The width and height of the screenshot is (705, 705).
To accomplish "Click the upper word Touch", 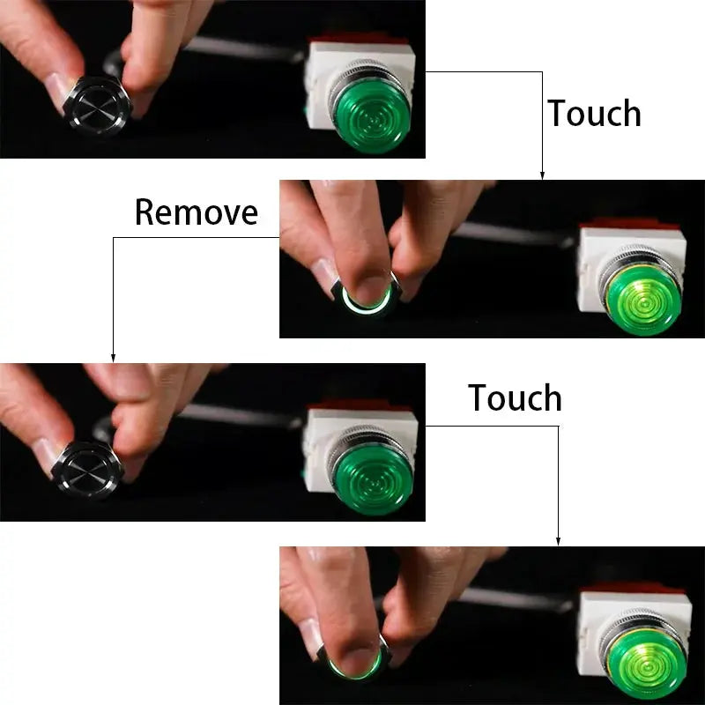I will (x=594, y=114).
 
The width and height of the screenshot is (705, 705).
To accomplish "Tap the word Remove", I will (x=196, y=212).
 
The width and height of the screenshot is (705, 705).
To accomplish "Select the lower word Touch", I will (x=515, y=398).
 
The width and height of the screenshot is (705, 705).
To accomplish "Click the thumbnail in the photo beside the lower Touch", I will (x=49, y=455).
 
